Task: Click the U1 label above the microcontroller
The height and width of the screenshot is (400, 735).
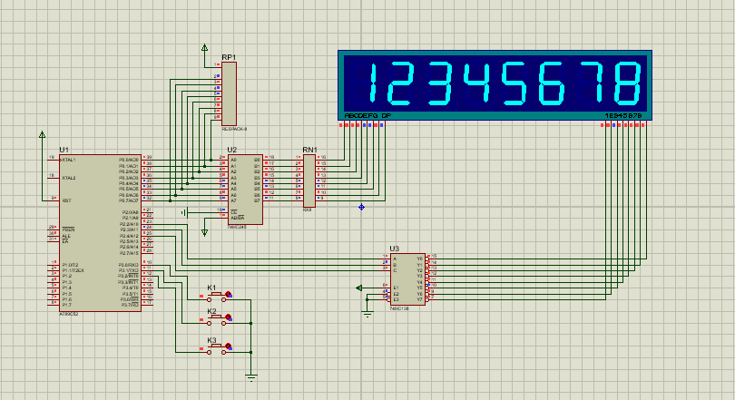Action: (x=64, y=149)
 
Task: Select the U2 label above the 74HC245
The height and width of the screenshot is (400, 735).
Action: (x=232, y=149)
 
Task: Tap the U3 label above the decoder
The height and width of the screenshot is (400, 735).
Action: (x=394, y=248)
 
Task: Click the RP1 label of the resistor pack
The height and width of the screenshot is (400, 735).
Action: (x=229, y=57)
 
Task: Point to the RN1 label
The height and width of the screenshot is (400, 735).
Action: (x=309, y=149)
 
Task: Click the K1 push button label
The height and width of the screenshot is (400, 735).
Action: (x=212, y=288)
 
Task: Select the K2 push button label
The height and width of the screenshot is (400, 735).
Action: (x=212, y=311)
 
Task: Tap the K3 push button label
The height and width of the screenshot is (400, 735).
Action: (x=212, y=340)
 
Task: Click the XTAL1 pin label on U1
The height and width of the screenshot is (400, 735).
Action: (x=68, y=160)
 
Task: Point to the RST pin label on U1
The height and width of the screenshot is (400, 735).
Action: (x=64, y=200)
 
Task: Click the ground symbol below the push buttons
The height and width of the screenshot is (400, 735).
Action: (x=251, y=374)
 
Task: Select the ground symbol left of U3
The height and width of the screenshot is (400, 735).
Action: (x=367, y=313)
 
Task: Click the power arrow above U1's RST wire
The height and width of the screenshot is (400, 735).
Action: (x=42, y=135)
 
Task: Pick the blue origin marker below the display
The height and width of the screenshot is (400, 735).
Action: (x=361, y=207)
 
